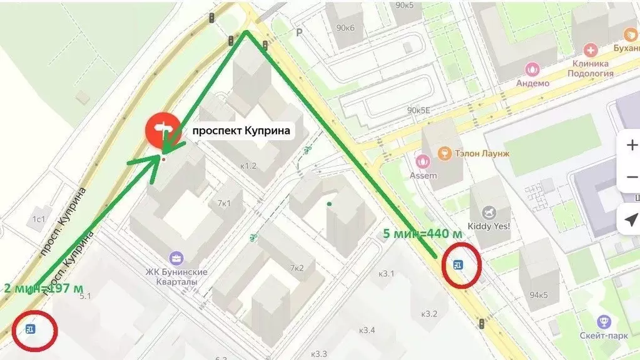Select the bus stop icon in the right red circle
click(459, 265)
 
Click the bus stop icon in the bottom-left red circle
click(30, 329)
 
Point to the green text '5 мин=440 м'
click(423, 234)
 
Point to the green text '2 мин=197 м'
click(43, 289)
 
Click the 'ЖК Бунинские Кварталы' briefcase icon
click(176, 257)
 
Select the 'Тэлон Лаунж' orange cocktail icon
click(444, 153)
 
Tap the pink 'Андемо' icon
click(532, 69)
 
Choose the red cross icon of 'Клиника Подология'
click(590, 50)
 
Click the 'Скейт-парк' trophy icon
click(604, 321)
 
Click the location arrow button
click(631, 220)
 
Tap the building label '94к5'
click(538, 295)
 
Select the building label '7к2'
click(296, 268)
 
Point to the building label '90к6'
click(345, 28)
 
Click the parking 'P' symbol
click(299, 32)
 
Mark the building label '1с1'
click(39, 219)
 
